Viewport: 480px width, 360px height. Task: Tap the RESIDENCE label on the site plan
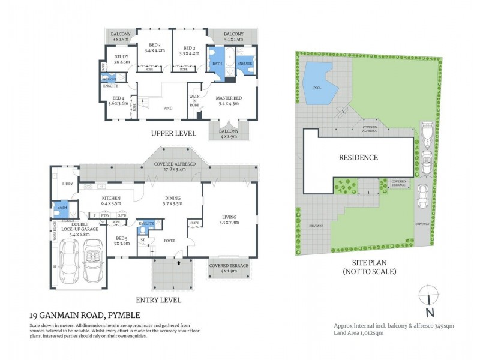point(358,158)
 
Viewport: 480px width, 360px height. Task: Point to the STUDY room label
point(121,58)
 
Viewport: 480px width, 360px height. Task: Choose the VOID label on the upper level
point(168,108)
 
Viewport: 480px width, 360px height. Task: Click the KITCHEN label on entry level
point(112,198)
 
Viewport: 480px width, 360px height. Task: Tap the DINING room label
point(173,199)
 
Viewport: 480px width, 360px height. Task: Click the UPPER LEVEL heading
point(173,133)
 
